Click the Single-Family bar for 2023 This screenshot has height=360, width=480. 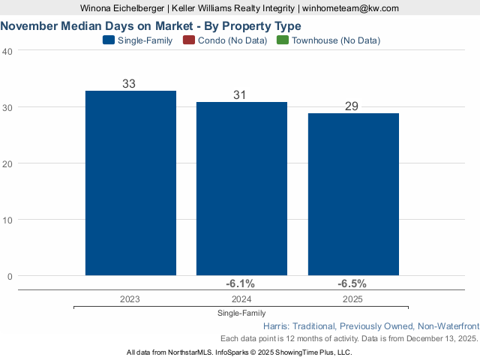(130, 183)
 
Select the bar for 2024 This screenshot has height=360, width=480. (241, 188)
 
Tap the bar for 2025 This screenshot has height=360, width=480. (353, 194)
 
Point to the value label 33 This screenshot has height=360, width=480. (129, 83)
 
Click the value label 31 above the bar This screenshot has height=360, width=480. (240, 94)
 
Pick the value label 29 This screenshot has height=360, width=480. (352, 106)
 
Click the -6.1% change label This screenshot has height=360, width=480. (241, 283)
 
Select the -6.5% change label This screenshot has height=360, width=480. (352, 283)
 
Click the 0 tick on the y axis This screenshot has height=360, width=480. (10, 276)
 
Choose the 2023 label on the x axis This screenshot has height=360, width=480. (130, 298)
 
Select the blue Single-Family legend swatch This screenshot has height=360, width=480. (108, 40)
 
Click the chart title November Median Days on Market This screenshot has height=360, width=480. (151, 25)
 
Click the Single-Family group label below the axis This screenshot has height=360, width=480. (241, 313)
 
